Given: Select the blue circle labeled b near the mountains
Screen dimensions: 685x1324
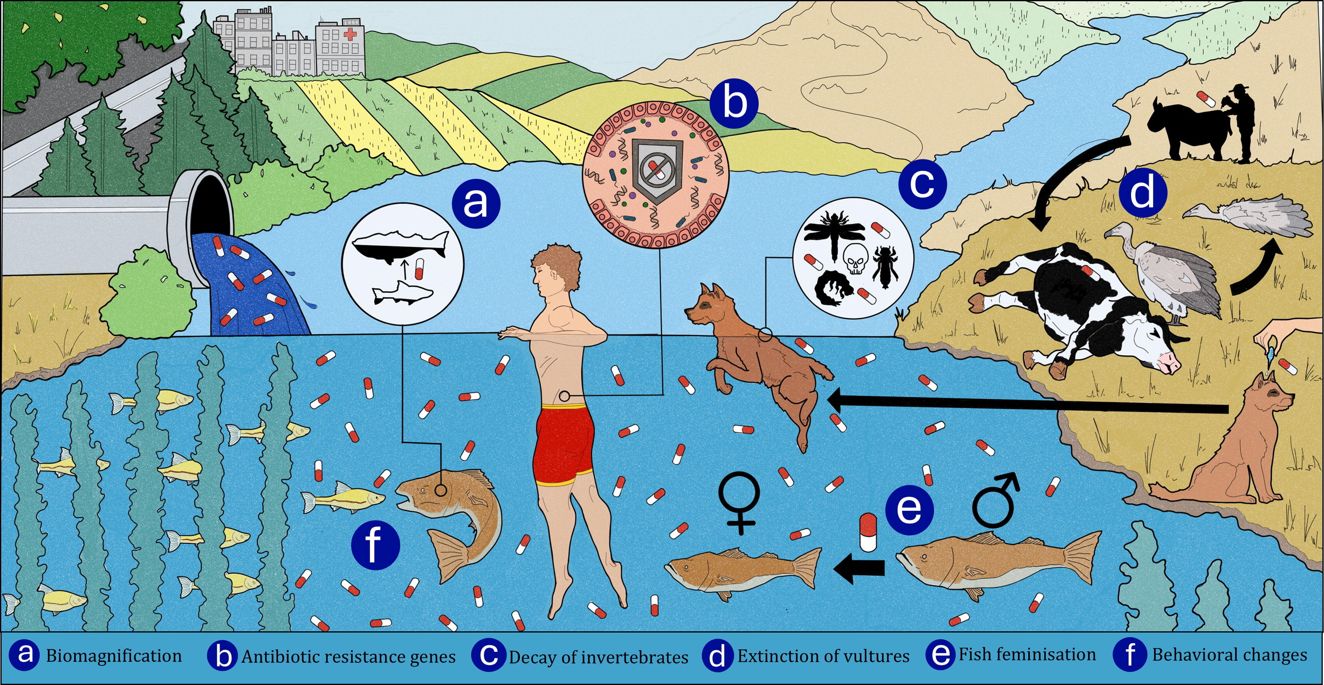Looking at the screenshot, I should [734, 103].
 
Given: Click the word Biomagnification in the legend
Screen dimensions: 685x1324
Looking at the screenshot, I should [114, 656].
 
